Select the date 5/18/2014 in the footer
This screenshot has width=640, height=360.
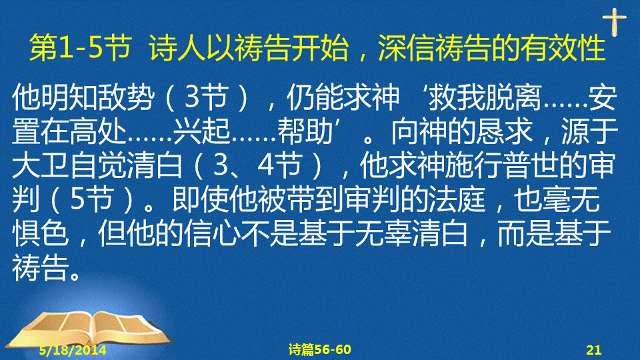[73, 350]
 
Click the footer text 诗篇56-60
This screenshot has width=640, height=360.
[319, 349]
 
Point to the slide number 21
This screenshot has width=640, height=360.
[593, 350]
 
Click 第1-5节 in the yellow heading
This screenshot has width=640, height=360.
[81, 48]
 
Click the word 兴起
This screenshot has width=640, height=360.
[201, 132]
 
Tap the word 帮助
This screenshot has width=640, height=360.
[306, 132]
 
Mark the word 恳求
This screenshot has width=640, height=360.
[504, 132]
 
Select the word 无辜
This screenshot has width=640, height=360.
[383, 234]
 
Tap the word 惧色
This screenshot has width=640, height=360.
[41, 234]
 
